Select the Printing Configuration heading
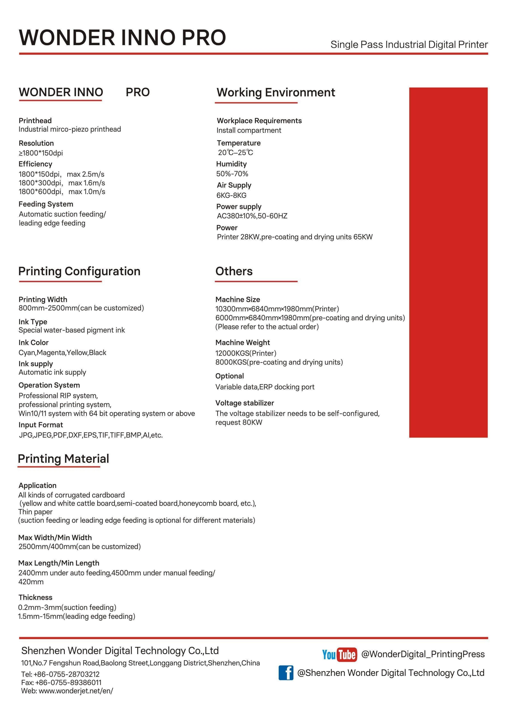point(79,271)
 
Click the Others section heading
point(234,271)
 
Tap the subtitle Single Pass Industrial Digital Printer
point(409,44)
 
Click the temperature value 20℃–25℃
point(235,152)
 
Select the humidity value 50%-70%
point(232,174)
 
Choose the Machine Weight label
point(242,342)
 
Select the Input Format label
point(41,425)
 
